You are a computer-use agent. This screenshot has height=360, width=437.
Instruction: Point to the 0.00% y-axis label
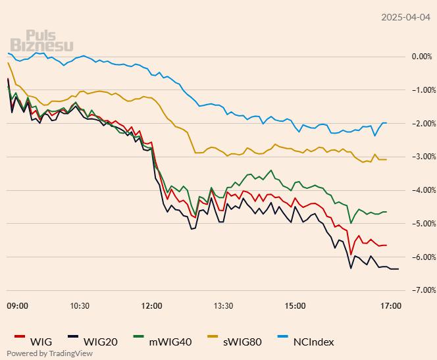click(421, 57)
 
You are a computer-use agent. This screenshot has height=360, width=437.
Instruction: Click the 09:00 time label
click(17, 306)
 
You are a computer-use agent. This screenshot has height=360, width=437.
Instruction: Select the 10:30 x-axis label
click(79, 306)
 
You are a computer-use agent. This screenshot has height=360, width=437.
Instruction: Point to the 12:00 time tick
click(151, 306)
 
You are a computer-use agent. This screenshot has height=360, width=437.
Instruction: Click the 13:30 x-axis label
click(223, 306)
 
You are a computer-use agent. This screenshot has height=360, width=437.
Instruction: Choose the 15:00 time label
click(295, 306)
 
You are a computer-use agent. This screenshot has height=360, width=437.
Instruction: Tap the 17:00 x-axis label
click(391, 306)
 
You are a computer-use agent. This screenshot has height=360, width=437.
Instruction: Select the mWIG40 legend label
click(170, 342)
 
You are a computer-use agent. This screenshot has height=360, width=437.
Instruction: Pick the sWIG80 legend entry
click(241, 342)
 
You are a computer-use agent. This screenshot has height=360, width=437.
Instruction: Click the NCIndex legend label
click(313, 342)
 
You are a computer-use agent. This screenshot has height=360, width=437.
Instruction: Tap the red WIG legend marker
click(18, 338)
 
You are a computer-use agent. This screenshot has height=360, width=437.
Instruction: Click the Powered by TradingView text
click(49, 353)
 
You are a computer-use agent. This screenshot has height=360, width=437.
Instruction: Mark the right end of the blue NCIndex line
click(386, 123)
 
